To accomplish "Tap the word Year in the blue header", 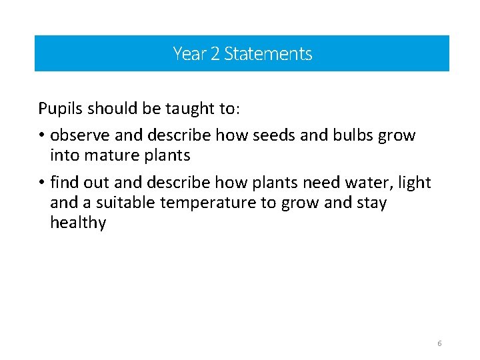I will coord(189,53).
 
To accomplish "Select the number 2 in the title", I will coord(215,53).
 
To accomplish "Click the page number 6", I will coord(439,343).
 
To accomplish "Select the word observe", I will coord(80,135).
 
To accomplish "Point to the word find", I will coord(63,182).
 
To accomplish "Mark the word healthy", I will coord(78,223).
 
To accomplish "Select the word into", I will coord(65,155).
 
